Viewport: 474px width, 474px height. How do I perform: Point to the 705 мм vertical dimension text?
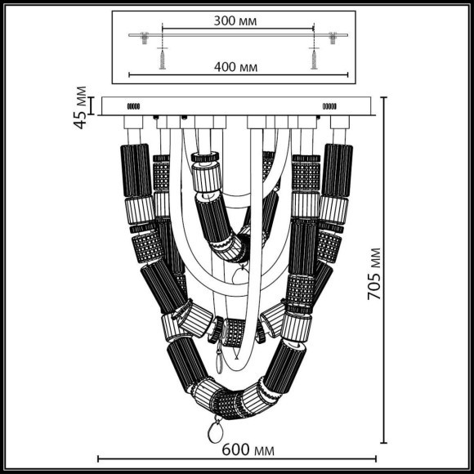[x=374, y=274]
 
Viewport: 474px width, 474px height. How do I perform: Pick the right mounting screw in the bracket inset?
[x=311, y=58]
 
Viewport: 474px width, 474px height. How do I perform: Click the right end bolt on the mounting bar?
[x=333, y=37]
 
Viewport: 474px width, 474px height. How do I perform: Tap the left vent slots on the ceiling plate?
[x=132, y=106]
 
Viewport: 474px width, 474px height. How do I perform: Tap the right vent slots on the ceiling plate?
[x=330, y=106]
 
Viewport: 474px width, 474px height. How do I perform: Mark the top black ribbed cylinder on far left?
[x=136, y=170]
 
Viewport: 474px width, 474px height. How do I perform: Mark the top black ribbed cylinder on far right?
[x=337, y=170]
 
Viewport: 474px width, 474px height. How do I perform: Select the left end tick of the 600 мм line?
[x=99, y=458]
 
